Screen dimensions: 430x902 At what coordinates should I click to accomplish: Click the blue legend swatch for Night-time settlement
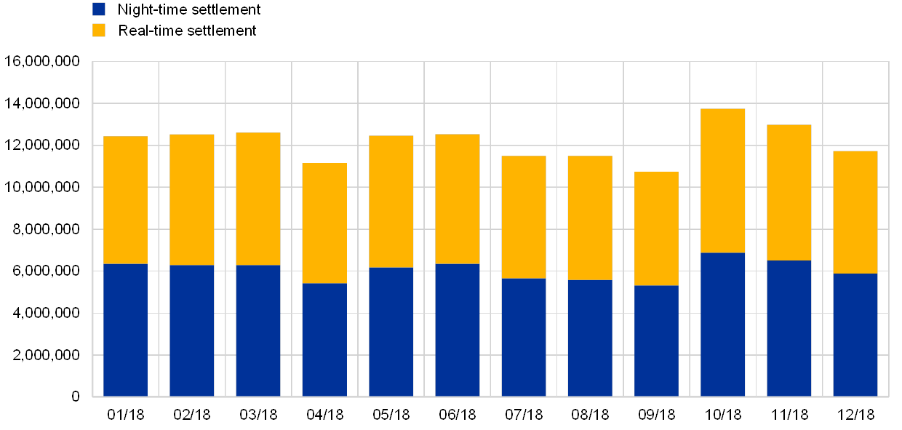pos(99,9)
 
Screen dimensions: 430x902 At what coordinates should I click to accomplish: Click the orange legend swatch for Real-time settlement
pos(99,30)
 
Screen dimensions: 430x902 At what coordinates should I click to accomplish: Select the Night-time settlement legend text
pos(188,9)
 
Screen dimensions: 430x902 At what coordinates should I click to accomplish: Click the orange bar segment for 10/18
pos(722,180)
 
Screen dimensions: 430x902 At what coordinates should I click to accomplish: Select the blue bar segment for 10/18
pos(722,325)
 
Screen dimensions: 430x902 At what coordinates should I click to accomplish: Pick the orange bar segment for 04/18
pos(324,223)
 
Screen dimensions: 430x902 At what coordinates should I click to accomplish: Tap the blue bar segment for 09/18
pos(656,341)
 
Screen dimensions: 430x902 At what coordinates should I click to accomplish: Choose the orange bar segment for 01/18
pos(125,200)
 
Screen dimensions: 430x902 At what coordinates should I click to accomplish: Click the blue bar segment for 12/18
pos(855,335)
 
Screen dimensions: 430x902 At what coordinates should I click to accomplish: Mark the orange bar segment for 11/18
pos(789,192)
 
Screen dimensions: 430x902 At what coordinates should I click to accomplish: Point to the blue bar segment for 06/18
pos(458,330)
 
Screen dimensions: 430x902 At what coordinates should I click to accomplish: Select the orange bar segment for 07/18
pos(524,217)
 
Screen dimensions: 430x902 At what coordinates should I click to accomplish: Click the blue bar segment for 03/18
pos(258,330)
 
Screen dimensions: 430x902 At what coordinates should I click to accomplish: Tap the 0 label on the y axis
pos(75,397)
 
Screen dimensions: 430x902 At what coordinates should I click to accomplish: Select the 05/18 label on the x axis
pos(391,415)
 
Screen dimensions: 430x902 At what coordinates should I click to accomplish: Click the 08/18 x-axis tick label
pos(590,415)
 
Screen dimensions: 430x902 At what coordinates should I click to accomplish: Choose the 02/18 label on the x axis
pos(192,415)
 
